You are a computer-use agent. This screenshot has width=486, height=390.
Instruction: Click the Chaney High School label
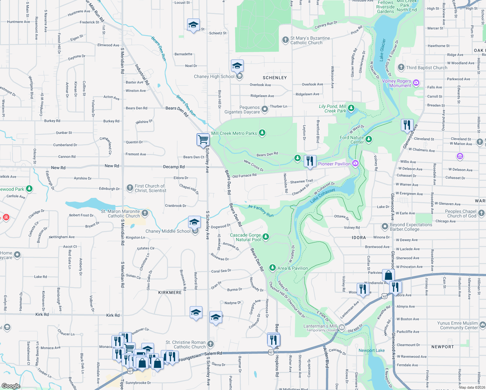click(x=214, y=77)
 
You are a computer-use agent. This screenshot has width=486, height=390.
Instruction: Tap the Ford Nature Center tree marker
click(x=368, y=139)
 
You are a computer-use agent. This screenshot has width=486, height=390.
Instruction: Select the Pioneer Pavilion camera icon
click(x=355, y=163)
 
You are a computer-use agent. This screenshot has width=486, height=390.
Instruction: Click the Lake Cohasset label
click(x=322, y=196)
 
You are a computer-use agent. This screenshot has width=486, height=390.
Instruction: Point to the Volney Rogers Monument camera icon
click(x=416, y=83)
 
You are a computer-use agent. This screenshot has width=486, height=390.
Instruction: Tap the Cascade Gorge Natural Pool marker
click(x=266, y=237)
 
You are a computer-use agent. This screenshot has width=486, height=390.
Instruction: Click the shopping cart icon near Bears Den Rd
click(x=203, y=140)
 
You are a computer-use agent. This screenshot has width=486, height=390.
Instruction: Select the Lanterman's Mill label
click(x=320, y=326)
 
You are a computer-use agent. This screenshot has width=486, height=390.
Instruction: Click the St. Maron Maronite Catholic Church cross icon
click(x=145, y=213)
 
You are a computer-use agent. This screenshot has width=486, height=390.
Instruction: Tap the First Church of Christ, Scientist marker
click(x=130, y=188)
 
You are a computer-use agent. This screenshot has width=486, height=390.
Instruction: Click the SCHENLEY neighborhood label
click(x=275, y=78)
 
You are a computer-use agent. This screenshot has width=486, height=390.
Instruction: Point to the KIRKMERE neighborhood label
click(x=170, y=292)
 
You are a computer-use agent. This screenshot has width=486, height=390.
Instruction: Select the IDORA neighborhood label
click(x=359, y=238)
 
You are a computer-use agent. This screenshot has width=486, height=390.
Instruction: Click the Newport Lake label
click(x=371, y=350)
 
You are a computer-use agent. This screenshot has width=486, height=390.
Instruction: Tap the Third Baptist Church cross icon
click(x=401, y=67)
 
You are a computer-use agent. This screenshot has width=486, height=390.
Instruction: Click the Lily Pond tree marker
click(x=351, y=108)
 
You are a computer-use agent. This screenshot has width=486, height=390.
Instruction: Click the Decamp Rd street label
click(x=174, y=167)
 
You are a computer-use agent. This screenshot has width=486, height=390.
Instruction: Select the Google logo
click(x=11, y=386)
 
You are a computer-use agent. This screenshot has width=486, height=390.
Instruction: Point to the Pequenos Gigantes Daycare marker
click(x=265, y=109)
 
